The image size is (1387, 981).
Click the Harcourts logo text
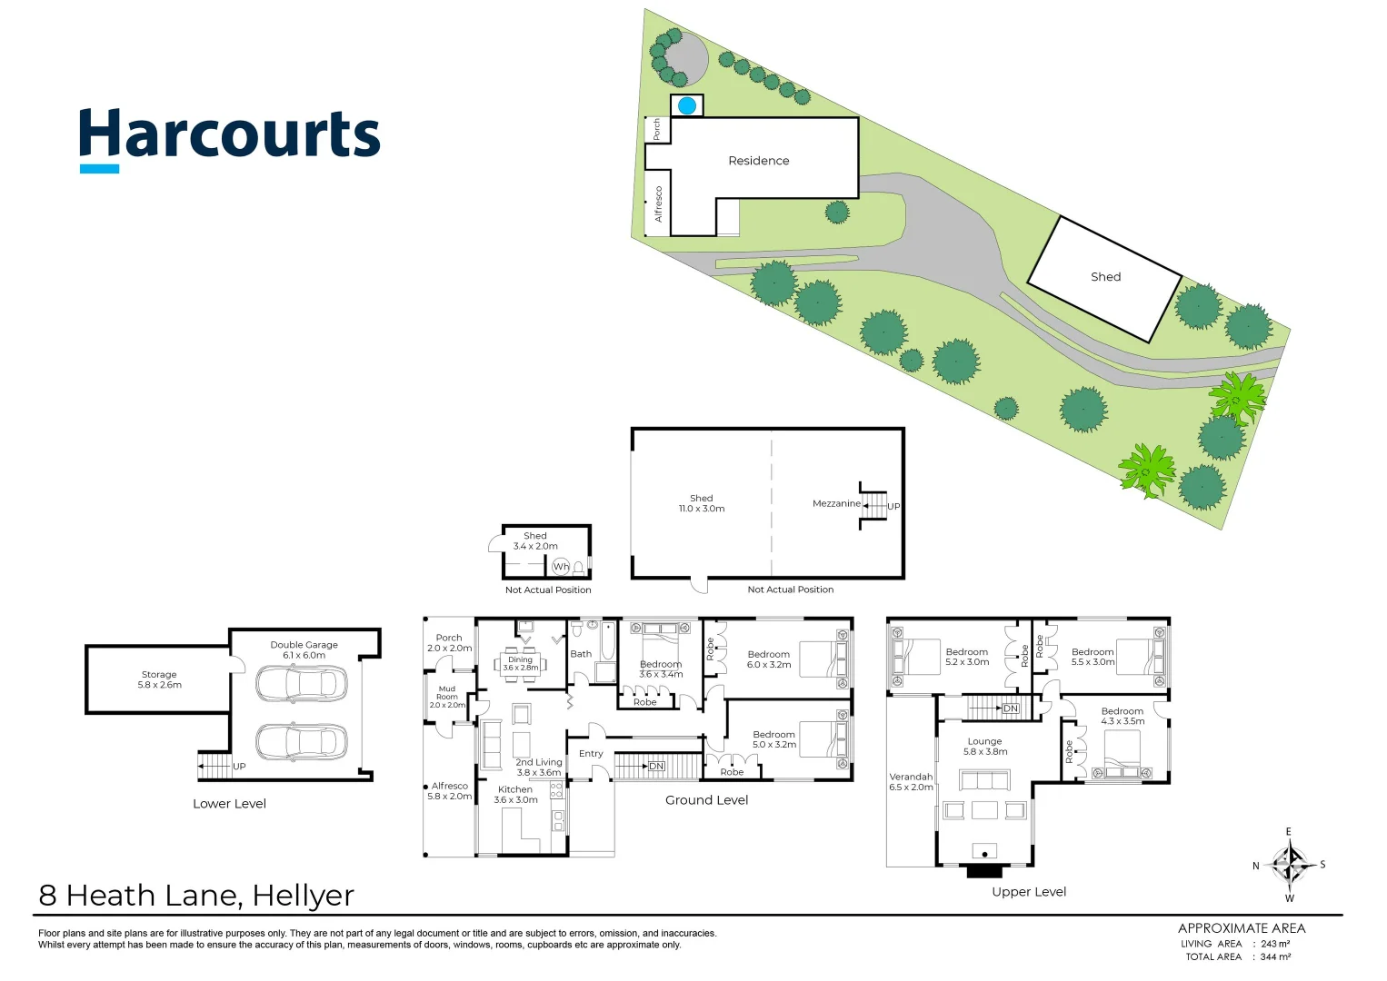(229, 136)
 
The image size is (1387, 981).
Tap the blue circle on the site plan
(687, 106)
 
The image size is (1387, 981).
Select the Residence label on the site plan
(758, 161)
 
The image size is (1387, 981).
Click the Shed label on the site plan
(1105, 277)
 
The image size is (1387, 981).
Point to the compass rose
(1289, 864)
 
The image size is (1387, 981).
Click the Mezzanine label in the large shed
(836, 503)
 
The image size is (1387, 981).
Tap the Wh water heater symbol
(561, 567)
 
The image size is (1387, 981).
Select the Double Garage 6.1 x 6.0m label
(304, 649)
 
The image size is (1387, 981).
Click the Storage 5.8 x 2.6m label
(159, 679)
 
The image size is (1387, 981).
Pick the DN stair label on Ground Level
(656, 767)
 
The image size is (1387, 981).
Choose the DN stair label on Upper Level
(1010, 708)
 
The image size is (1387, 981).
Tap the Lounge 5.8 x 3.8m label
(984, 747)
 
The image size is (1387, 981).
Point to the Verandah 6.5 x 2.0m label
(911, 782)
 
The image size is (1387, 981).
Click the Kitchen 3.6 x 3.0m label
(515, 795)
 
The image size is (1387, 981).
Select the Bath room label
(581, 654)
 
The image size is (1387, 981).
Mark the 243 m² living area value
(1274, 944)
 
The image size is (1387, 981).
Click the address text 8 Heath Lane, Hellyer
(196, 896)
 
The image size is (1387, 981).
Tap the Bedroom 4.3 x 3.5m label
(1122, 716)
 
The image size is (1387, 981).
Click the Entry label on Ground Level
(591, 754)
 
